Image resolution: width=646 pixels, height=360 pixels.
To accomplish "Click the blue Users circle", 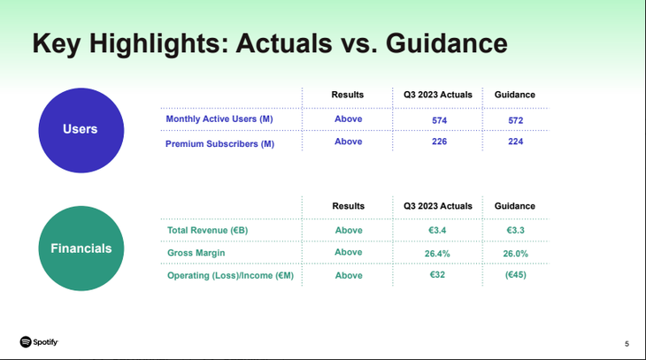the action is tap(81, 130).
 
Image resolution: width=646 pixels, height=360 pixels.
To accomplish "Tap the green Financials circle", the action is tap(81, 249).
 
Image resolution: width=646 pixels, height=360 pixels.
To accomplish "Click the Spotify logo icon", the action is tap(26, 342).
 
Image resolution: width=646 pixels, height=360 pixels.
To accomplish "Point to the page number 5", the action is tap(627, 343).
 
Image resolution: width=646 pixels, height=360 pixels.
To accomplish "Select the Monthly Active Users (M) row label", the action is tap(219, 119).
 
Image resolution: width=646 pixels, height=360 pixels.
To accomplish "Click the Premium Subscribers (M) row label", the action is tap(219, 144).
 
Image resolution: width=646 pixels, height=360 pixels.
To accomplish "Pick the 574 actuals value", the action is tap(439, 120).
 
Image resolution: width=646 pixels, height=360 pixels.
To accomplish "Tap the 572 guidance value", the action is tap(515, 120).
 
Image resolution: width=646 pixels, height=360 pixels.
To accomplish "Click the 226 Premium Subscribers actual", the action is tap(439, 142).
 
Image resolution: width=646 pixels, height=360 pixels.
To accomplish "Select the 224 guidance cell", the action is tap(515, 142).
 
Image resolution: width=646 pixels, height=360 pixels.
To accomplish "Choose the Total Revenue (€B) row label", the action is tap(208, 230).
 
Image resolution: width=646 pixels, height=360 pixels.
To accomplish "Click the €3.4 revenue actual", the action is tap(437, 230).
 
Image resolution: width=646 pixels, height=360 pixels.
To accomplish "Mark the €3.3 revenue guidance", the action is tap(515, 230).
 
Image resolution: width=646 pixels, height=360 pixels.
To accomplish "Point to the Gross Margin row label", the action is tap(196, 253).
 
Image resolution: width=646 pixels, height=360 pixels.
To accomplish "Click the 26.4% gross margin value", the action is tap(437, 254).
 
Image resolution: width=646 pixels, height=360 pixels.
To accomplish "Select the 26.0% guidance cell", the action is tap(515, 254).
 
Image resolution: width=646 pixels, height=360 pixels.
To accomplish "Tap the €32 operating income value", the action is tap(437, 274).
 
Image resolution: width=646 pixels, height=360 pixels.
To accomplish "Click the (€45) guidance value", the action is tap(515, 275).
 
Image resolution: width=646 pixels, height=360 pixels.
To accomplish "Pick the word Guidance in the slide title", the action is tap(447, 43).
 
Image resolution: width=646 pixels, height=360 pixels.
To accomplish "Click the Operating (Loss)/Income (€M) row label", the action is tap(230, 276).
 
